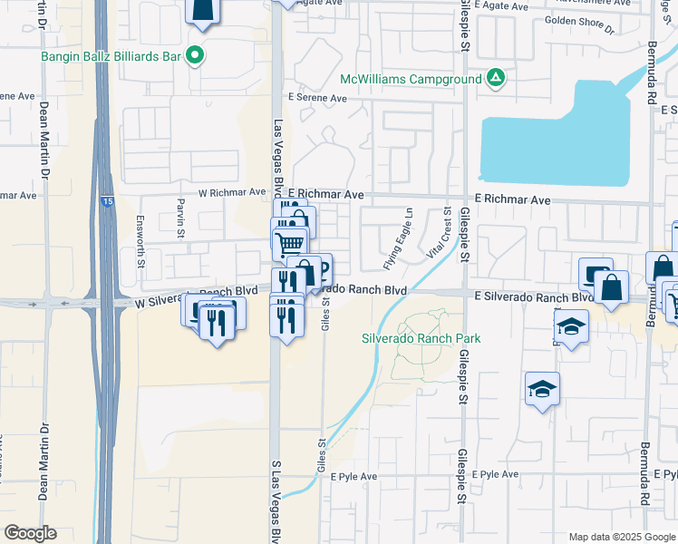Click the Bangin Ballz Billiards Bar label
[111, 56]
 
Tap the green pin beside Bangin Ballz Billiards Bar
[195, 55]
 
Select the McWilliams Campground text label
[412, 80]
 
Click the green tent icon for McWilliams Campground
[495, 79]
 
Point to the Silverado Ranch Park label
[421, 338]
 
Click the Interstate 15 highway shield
[107, 203]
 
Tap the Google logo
[31, 533]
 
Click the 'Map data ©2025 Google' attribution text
[621, 537]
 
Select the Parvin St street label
[180, 212]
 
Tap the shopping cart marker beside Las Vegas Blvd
[289, 243]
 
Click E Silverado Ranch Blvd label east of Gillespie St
[533, 296]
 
